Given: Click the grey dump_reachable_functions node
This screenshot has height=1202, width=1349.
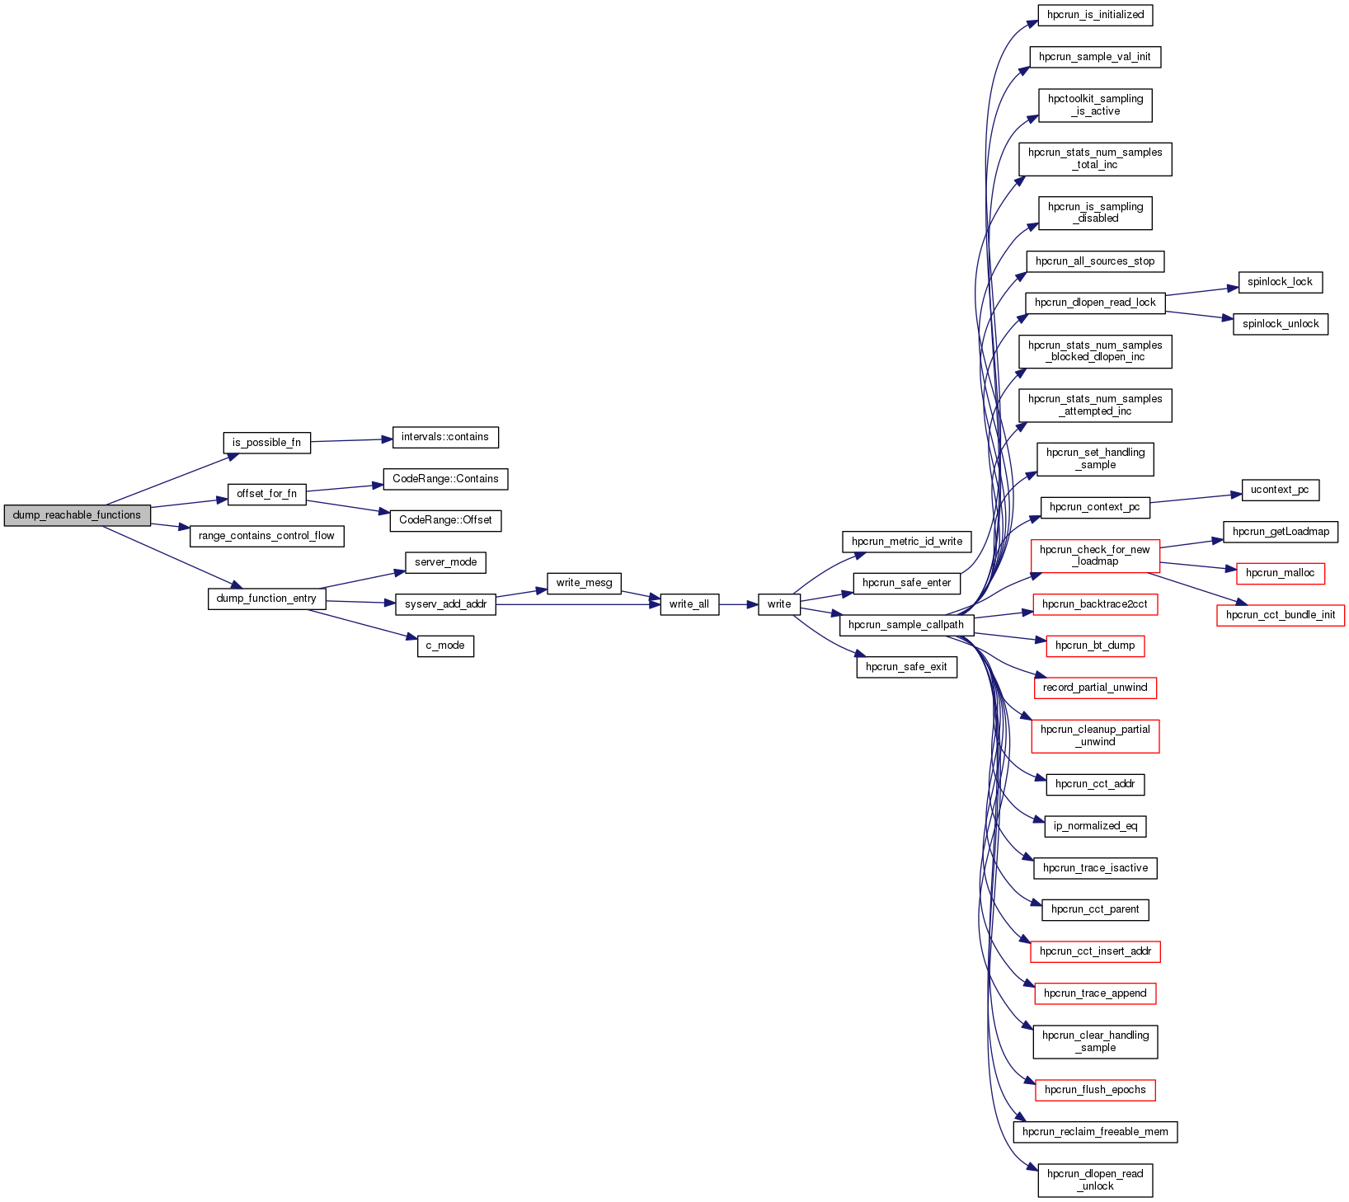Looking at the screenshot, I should pos(77,515).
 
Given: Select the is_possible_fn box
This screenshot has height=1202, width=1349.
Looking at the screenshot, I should pos(266,443).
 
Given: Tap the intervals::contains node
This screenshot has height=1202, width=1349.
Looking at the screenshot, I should pos(445,437).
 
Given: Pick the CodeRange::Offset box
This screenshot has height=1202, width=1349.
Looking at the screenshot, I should pos(445,520).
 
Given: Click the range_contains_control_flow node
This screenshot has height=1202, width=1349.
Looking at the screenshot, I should pos(266,536).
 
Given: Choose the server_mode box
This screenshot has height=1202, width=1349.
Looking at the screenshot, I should pos(445,562).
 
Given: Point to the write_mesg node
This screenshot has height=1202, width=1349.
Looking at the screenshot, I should pos(584,583).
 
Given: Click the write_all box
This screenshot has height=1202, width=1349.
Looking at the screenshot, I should pos(689,604).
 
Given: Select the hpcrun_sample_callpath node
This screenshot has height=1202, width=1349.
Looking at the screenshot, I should pos(905,625).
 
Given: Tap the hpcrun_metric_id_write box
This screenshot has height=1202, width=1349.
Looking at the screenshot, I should pos(906,542).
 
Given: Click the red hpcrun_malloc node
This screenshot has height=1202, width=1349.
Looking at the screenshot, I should pos(1280,573).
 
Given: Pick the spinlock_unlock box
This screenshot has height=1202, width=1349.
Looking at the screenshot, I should pos(1281,324).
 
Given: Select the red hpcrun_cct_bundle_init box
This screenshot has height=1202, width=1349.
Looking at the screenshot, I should pos(1280,615).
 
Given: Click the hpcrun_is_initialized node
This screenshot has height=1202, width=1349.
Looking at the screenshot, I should pos(1095,15).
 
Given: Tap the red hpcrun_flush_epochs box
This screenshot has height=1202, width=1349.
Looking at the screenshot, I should pos(1095,1090).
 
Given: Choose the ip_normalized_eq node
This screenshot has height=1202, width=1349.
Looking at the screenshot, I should pos(1095,826).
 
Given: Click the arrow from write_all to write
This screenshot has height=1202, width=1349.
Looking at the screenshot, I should pos(738,604).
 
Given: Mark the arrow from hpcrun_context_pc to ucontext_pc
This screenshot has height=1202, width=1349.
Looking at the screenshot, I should pos(1196,498).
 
